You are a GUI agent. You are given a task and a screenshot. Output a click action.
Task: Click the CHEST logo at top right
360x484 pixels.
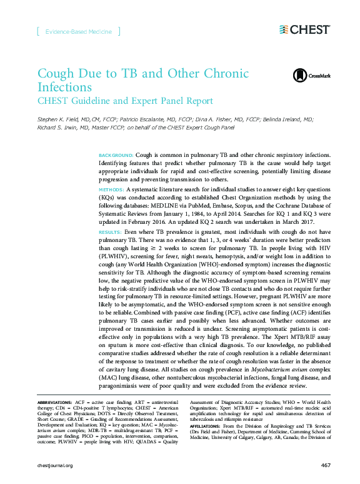(304, 29)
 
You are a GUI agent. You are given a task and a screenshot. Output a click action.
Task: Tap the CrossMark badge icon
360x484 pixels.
(300, 76)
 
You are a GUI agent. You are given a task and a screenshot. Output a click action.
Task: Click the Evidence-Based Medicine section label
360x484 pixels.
(79, 31)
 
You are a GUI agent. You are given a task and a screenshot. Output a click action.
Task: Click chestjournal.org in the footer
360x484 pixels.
(56, 465)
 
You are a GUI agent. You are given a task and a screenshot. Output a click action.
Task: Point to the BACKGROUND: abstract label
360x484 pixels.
(116, 154)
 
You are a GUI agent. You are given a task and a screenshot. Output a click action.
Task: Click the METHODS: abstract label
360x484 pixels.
(112, 188)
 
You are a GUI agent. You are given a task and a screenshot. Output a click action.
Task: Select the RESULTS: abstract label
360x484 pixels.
(111, 231)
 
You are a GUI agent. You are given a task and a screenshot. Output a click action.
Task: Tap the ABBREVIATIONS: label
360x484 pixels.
(55, 400)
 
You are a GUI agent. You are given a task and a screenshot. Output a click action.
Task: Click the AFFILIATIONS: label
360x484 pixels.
(206, 425)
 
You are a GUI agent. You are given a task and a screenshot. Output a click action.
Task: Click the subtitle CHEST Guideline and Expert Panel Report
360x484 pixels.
(125, 101)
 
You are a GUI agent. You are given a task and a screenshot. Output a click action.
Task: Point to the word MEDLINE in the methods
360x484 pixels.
(174, 204)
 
